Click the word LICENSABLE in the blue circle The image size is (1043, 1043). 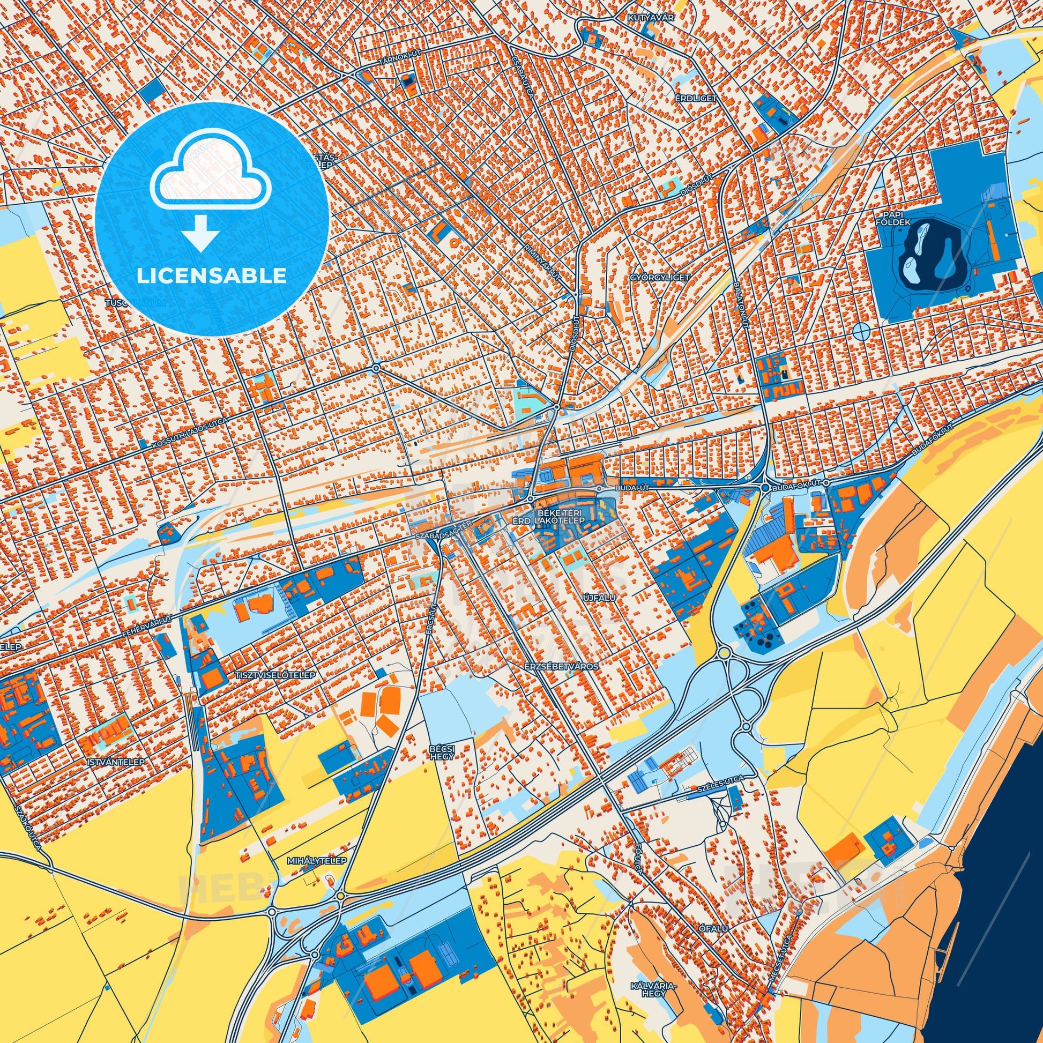click(211, 276)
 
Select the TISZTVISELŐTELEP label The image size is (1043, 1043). click(274, 675)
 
